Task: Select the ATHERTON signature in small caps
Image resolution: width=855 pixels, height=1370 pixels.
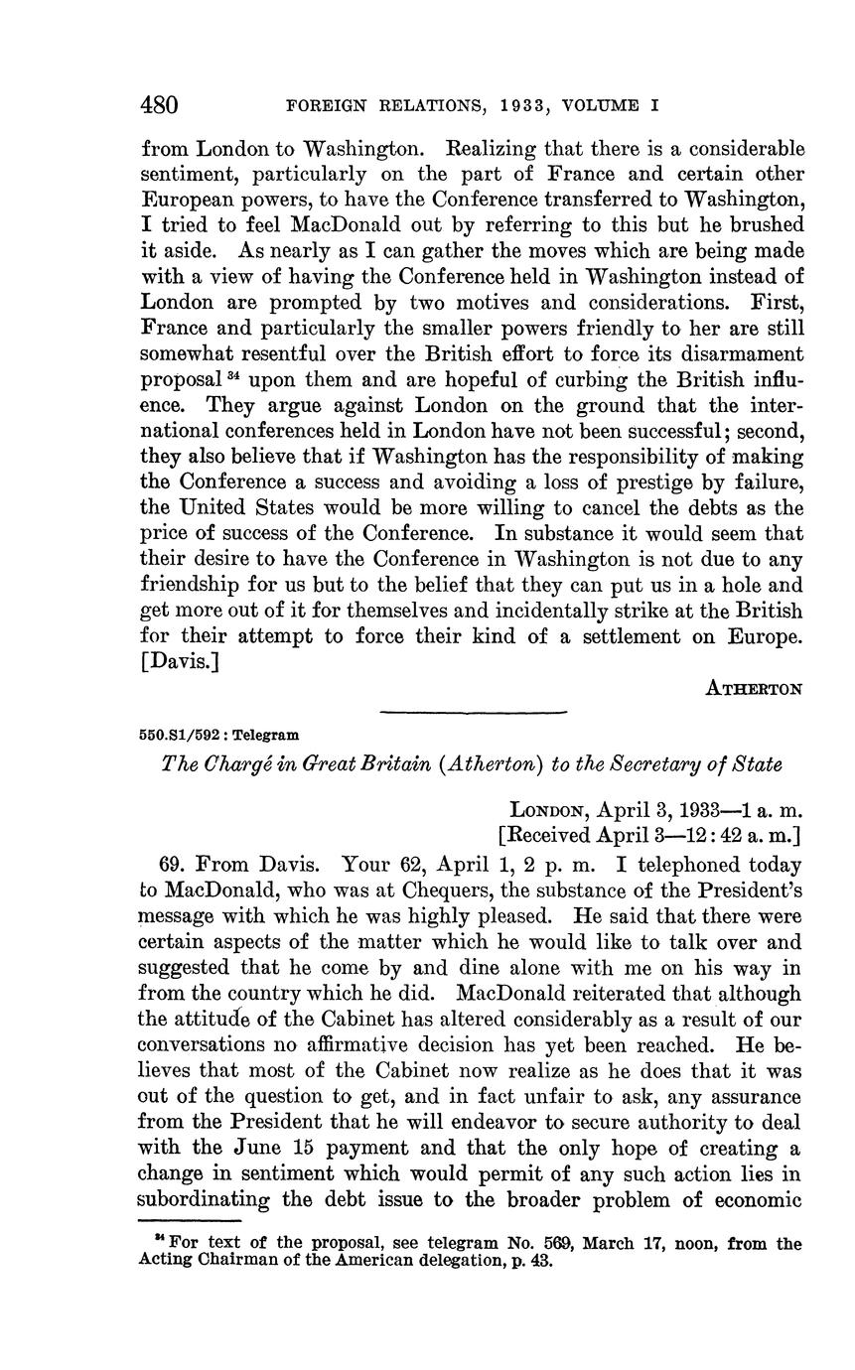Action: [753, 688]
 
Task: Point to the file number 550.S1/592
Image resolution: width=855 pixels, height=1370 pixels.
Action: [181, 736]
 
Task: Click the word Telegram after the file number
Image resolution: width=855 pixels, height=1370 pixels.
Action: [265, 736]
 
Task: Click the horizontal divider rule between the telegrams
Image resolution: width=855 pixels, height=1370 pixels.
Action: [473, 712]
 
